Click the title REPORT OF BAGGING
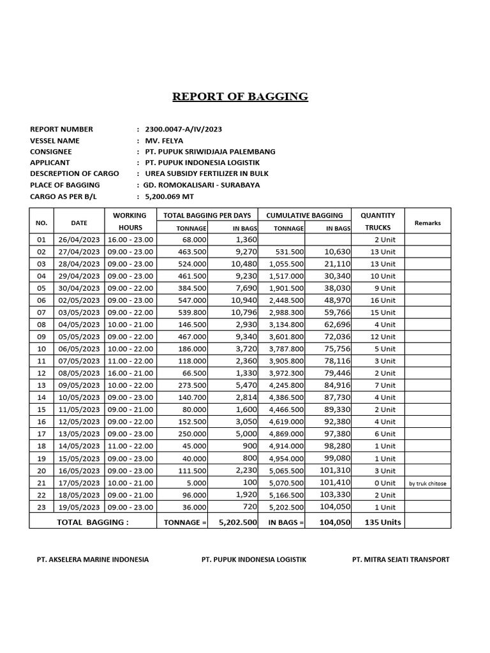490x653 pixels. (x=240, y=97)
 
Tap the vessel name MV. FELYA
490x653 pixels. (x=165, y=140)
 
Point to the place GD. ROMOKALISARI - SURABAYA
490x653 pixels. (x=202, y=185)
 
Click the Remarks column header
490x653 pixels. (x=427, y=223)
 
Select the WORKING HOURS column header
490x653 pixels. (x=130, y=221)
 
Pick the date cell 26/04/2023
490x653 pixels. (x=79, y=240)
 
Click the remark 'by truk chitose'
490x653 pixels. (x=427, y=483)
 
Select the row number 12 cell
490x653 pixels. (x=41, y=373)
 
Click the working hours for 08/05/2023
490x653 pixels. (x=130, y=373)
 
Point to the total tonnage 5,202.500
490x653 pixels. (x=237, y=522)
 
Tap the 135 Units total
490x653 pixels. (x=382, y=522)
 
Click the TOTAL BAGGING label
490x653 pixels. (x=93, y=522)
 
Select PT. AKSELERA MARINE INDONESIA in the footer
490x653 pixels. (x=93, y=559)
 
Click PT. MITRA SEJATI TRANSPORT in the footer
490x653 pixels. (x=401, y=559)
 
